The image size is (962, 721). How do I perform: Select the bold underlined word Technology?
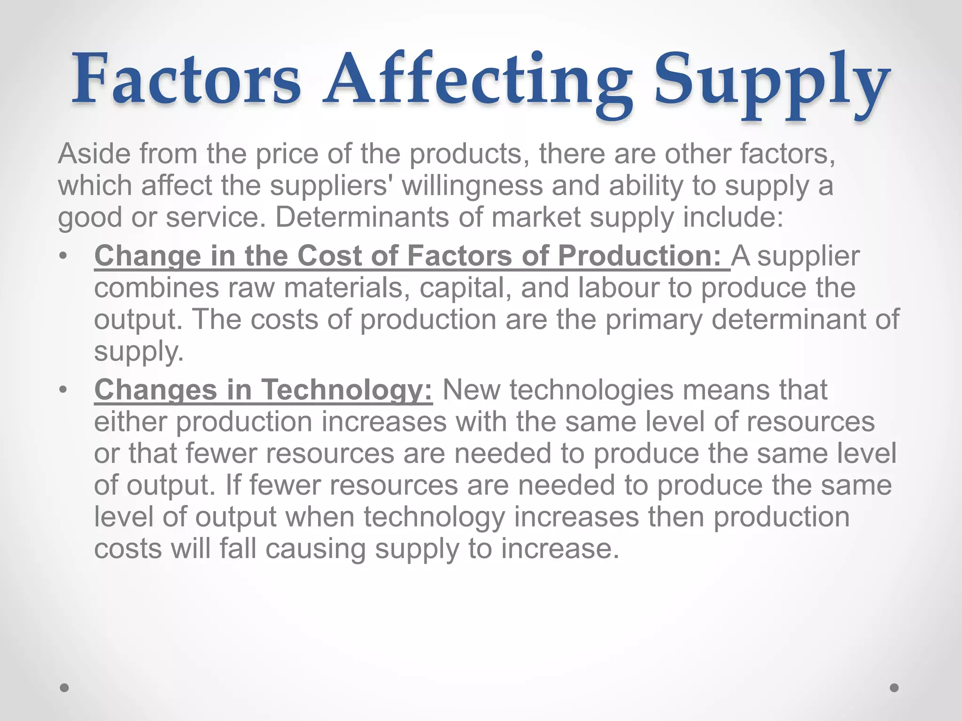point(347,390)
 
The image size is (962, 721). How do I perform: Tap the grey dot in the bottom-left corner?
point(64,688)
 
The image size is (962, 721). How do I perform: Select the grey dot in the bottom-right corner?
point(894,688)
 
